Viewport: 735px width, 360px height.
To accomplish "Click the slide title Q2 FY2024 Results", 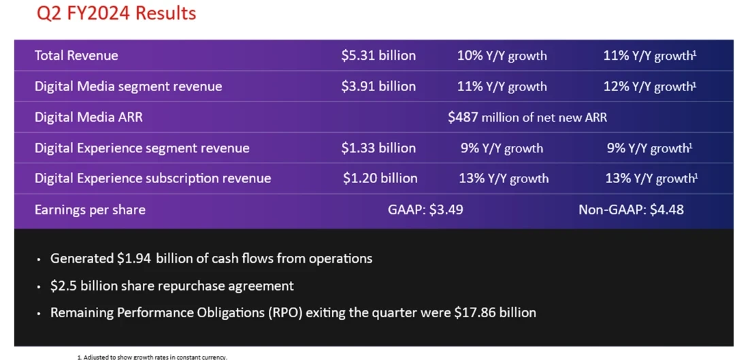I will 116,13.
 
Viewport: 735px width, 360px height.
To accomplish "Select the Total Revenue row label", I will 76,56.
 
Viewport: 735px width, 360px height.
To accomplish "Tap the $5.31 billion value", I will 378,56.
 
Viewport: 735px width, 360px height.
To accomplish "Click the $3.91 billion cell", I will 378,86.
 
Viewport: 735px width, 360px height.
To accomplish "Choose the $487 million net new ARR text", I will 527,117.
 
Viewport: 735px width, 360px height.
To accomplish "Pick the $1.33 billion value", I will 378,148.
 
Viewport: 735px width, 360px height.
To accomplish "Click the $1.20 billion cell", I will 380,178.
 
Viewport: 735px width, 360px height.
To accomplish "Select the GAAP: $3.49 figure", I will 425,210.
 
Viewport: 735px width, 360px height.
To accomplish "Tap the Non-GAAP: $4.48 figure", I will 631,210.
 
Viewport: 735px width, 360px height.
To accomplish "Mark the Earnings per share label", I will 90,210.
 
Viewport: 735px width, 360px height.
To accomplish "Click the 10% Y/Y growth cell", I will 502,56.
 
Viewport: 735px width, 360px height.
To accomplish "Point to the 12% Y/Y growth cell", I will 650,86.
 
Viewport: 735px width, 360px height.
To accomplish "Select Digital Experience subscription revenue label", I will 152,178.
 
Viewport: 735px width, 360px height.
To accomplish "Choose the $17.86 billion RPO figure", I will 495,313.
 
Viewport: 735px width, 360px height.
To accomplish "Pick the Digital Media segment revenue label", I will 128,86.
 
